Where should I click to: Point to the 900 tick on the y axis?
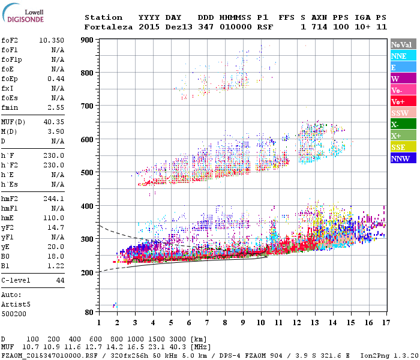click(88, 40)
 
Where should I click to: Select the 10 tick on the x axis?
click(260, 322)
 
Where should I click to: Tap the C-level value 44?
click(59, 280)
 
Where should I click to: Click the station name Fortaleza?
click(109, 27)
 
